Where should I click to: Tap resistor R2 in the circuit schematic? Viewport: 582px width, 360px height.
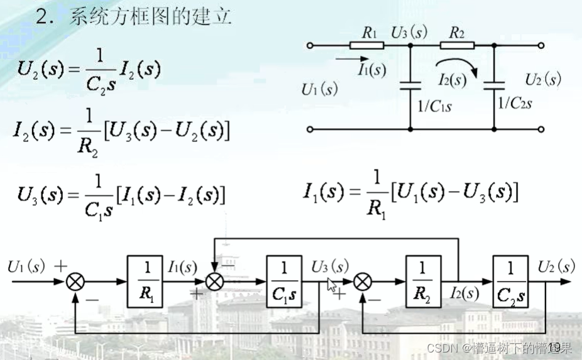453,45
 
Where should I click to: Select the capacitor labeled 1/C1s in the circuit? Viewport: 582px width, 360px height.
410,87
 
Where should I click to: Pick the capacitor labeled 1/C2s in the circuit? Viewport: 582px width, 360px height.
495,87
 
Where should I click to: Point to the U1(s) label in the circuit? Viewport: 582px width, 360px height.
320,89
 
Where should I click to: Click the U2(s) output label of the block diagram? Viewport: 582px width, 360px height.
556,266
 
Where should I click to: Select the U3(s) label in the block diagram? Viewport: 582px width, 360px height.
330,266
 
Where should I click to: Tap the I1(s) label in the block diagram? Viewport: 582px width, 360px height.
182,267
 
